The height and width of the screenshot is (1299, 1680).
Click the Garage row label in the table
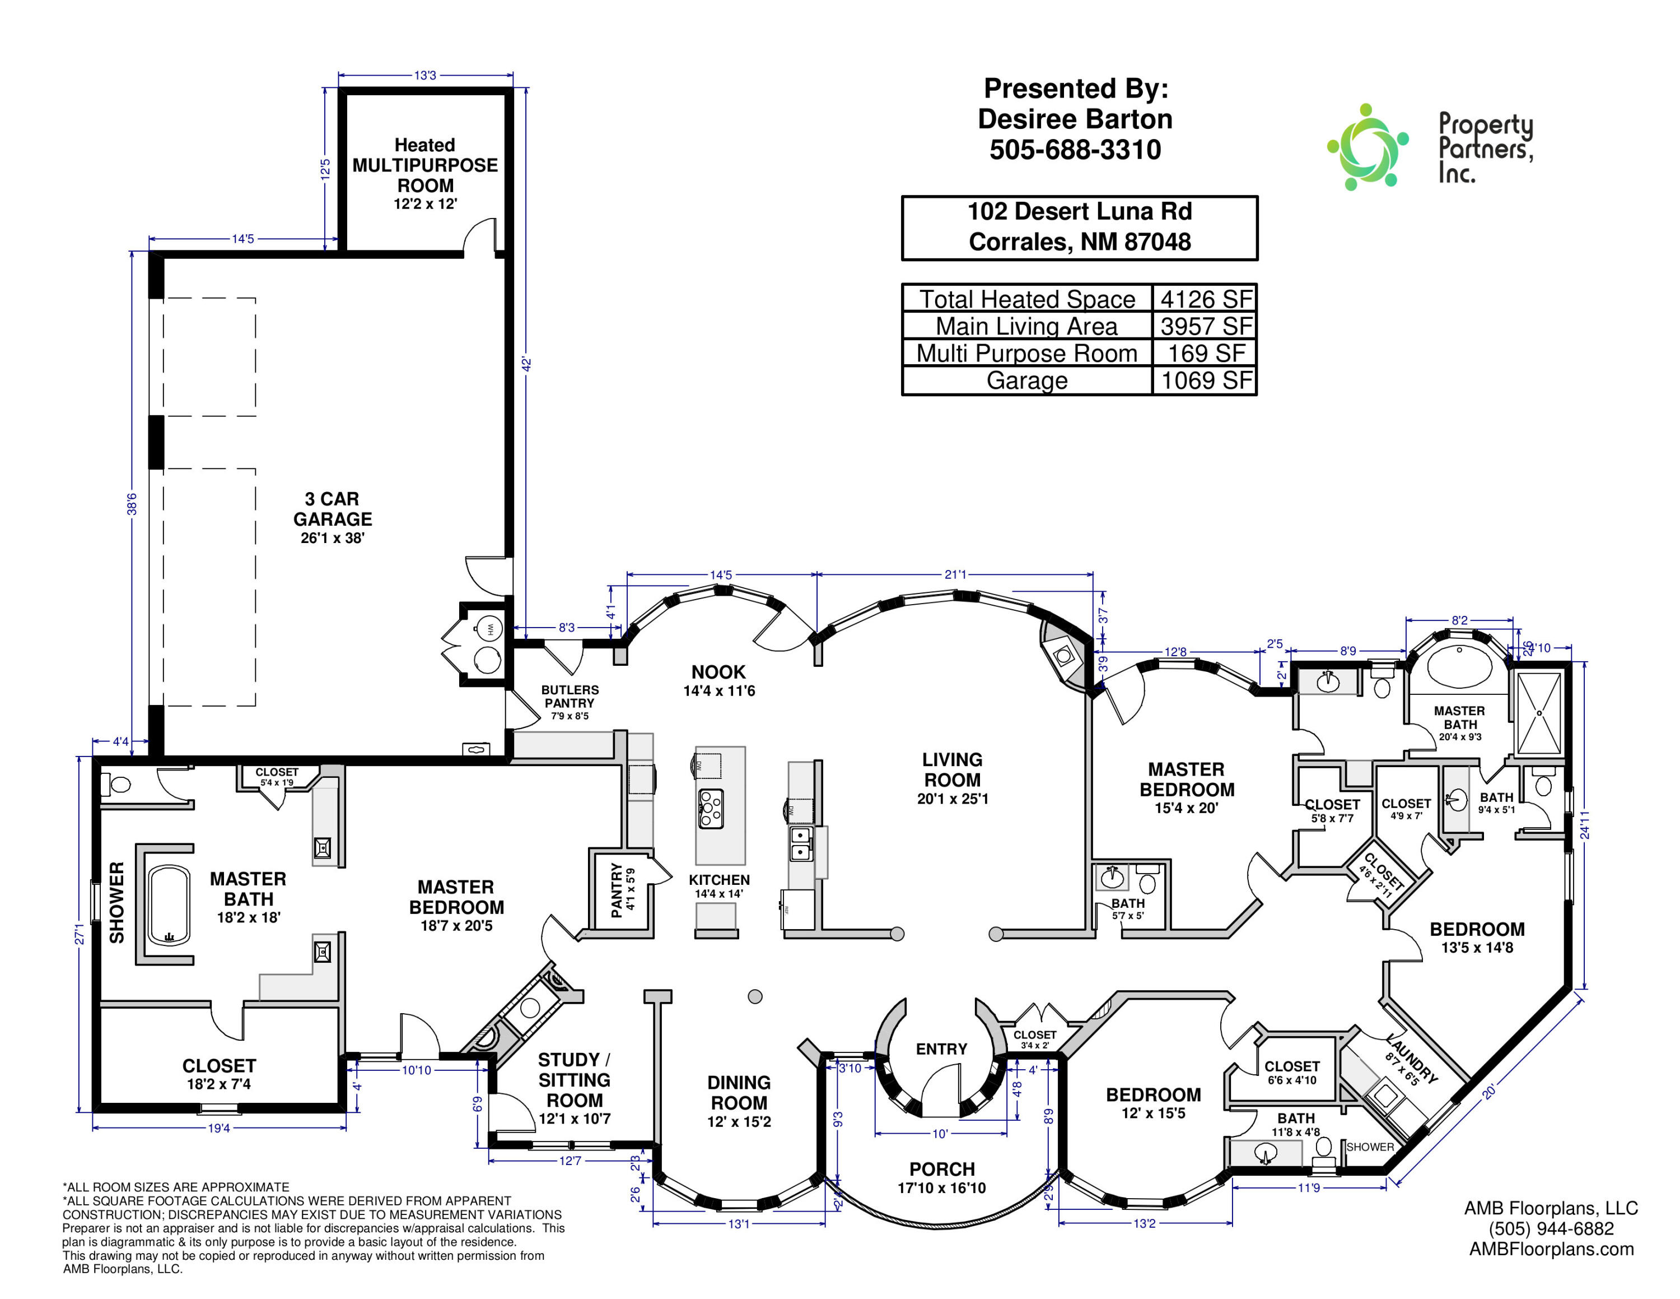click(x=1027, y=380)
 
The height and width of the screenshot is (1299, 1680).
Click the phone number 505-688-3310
click(x=1075, y=149)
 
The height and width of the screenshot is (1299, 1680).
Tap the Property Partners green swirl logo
click(x=1368, y=147)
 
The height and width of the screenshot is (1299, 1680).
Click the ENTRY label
click(x=941, y=1049)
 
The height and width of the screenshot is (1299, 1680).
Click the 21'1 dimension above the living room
click(x=955, y=574)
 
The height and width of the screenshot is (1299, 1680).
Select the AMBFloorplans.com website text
click(x=1552, y=1249)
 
